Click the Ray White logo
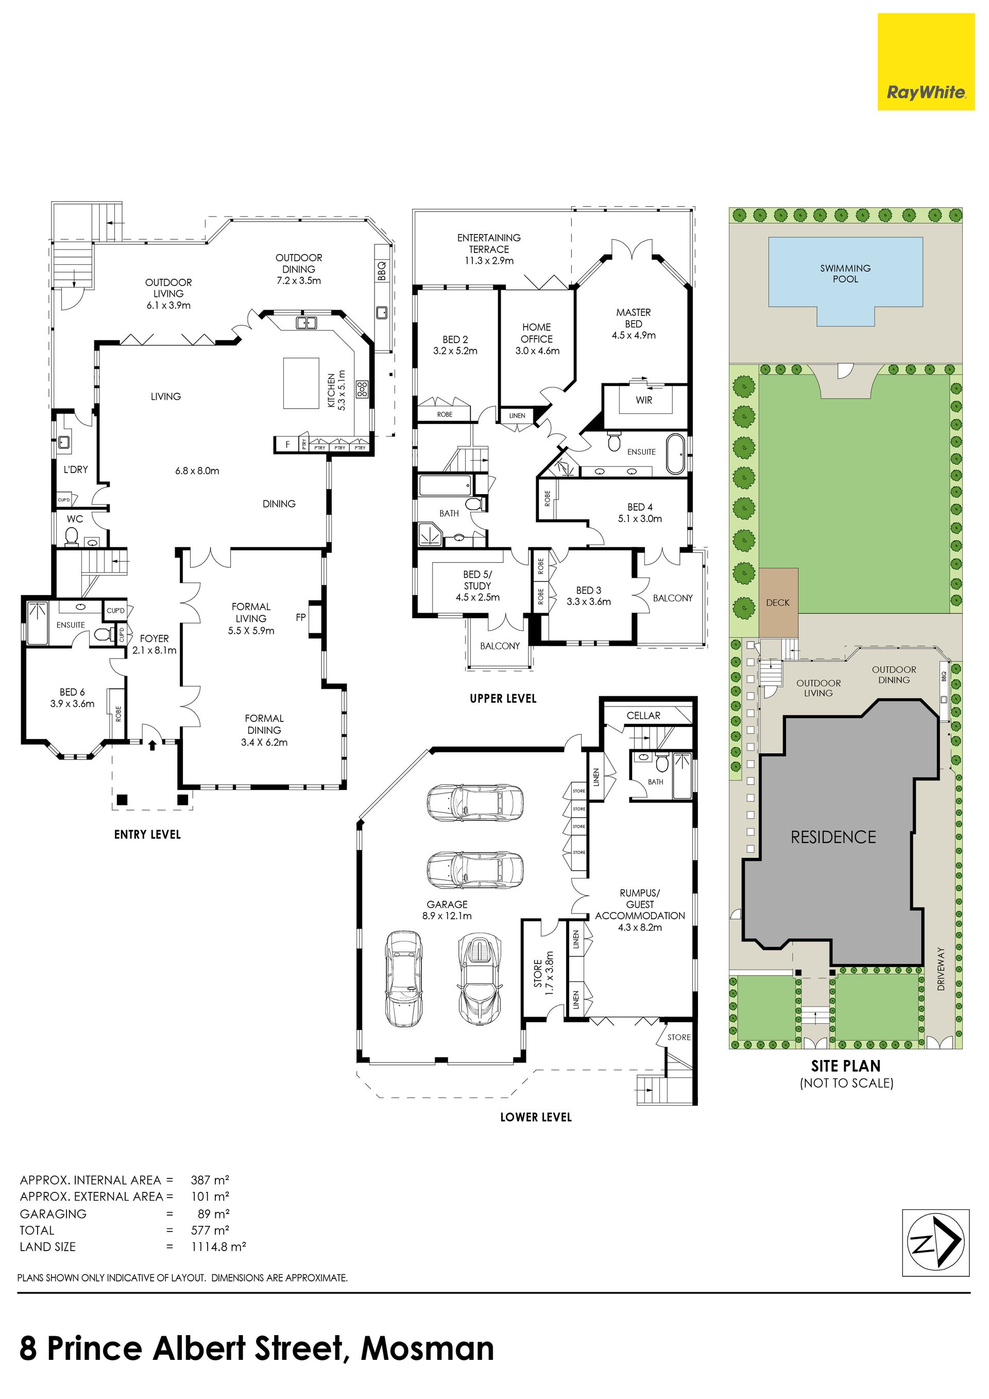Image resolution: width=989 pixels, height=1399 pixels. point(926,62)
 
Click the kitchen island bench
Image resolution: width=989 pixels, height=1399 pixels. point(301,383)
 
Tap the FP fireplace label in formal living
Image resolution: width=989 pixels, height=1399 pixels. point(301,617)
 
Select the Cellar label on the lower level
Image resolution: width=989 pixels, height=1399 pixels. point(643,715)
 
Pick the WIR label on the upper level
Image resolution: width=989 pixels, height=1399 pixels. point(644,400)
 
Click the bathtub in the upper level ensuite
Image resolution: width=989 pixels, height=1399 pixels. point(676,453)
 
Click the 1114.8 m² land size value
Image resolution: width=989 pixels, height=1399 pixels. point(218,1246)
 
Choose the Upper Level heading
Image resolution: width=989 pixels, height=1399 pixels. point(503,698)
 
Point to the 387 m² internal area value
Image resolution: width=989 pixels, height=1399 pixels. point(210,1179)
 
